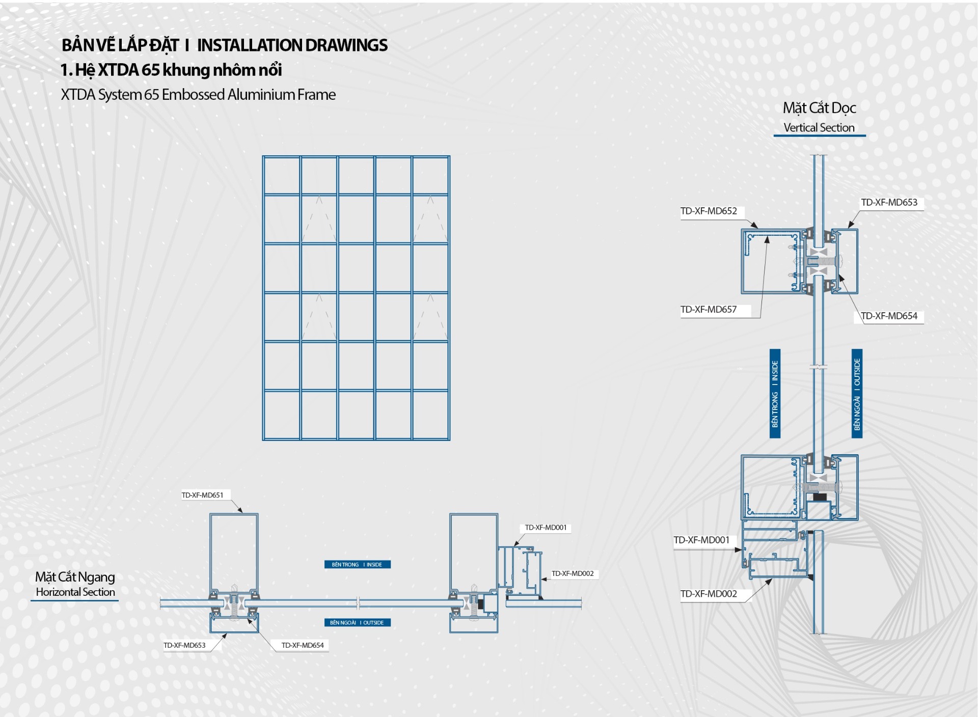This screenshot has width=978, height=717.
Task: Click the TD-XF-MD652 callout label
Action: (x=709, y=211)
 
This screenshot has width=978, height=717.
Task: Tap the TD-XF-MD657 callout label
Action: (x=709, y=310)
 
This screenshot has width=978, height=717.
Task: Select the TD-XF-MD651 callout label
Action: (x=202, y=495)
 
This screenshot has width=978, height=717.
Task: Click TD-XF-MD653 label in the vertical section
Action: (x=889, y=203)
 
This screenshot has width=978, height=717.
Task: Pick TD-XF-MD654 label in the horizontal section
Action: (x=303, y=645)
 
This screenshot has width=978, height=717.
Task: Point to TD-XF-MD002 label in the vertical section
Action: (x=709, y=594)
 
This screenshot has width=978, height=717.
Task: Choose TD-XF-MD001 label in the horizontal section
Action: (x=546, y=528)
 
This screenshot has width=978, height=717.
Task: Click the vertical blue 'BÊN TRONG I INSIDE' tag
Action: (x=775, y=394)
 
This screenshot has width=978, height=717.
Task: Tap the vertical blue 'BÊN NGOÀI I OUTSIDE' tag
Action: (x=857, y=394)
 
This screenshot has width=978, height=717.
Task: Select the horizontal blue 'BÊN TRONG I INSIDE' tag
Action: (x=357, y=564)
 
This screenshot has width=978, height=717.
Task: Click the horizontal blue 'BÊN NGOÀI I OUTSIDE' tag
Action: (x=357, y=622)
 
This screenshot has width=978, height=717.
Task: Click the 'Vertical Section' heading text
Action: (x=819, y=128)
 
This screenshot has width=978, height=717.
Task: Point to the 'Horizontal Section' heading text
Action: (x=75, y=592)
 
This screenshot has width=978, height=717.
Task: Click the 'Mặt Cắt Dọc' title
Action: (x=819, y=108)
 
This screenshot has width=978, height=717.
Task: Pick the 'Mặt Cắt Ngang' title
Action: (x=75, y=577)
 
